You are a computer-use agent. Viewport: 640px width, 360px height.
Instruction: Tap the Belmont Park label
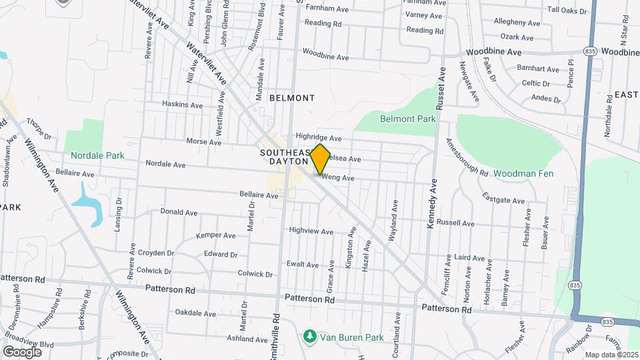(407, 119)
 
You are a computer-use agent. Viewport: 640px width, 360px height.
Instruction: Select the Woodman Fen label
(524, 173)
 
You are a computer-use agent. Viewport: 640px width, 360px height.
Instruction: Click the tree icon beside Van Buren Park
(309, 337)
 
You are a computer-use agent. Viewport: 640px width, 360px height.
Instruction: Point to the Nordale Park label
(98, 155)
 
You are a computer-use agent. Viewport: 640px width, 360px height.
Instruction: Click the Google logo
(23, 351)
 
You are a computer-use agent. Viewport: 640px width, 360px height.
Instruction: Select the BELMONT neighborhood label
(291, 98)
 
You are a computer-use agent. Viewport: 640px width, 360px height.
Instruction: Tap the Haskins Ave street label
(182, 105)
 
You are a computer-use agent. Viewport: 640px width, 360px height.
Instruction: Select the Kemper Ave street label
(215, 235)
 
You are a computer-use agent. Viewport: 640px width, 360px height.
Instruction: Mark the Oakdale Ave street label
(195, 313)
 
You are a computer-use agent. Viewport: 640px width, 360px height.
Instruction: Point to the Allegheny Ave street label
(515, 21)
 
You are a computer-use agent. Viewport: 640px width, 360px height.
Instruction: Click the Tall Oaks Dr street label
(567, 11)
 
